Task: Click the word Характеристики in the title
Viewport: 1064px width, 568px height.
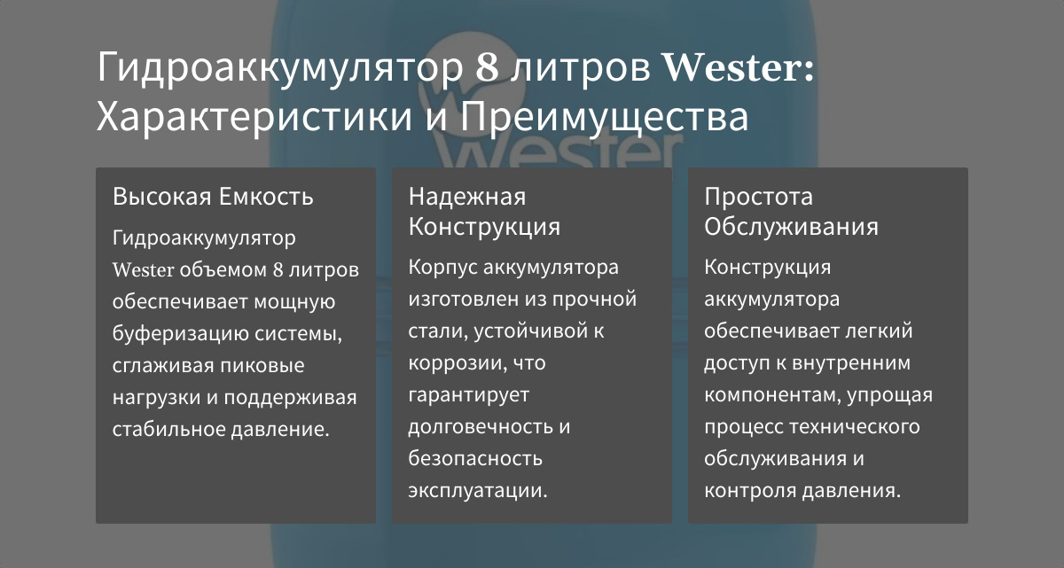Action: coord(254,117)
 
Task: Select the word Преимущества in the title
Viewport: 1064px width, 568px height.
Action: coord(604,117)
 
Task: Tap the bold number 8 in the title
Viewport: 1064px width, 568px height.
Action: coord(487,67)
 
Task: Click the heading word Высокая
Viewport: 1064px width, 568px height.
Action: coord(162,197)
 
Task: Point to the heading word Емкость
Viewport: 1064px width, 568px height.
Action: coord(267,197)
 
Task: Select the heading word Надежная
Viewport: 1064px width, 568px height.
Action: coord(467,197)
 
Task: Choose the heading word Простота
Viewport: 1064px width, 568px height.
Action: coord(759,197)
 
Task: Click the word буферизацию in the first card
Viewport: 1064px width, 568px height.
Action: coord(180,333)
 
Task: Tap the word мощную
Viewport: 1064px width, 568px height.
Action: coord(295,302)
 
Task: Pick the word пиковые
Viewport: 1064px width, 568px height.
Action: coord(262,365)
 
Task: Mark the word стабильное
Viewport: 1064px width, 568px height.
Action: coord(168,429)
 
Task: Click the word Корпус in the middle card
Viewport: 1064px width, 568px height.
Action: coord(442,267)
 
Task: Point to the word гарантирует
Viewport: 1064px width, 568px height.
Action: coord(469,395)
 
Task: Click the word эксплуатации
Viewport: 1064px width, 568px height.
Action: coord(478,491)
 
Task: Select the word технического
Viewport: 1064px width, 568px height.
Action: coord(855,426)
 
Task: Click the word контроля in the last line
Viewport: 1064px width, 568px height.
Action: coord(749,491)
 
